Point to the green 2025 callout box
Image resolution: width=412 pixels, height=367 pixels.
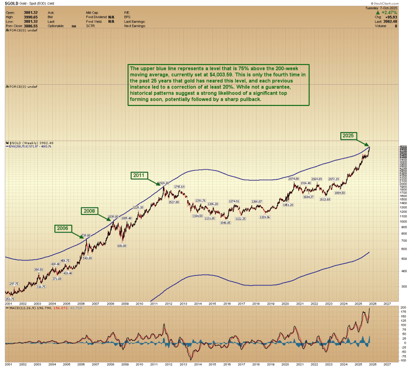pyautogui.click(x=348, y=136)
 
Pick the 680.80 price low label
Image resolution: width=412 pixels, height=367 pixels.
pyautogui.click(x=122, y=245)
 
